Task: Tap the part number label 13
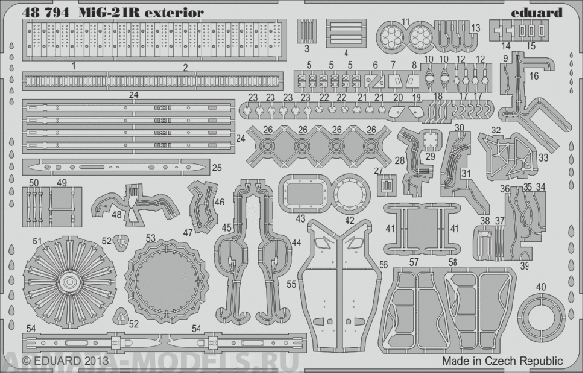tap(475, 27)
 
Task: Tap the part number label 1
tap(73, 65)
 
